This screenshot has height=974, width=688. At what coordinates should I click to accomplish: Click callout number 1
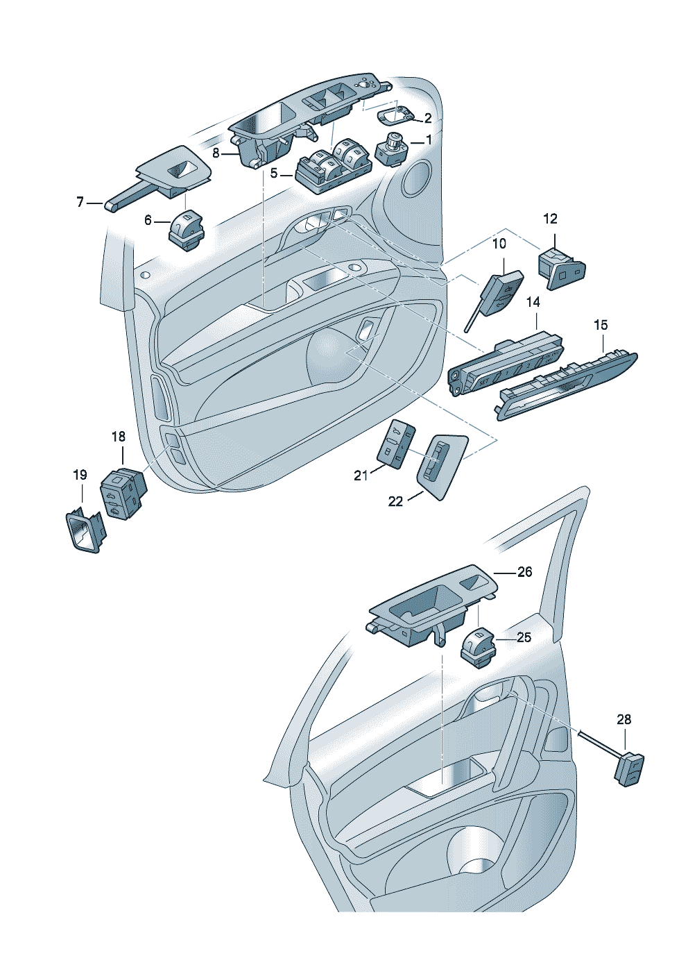429,140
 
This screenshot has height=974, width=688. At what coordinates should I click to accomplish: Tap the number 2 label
428,118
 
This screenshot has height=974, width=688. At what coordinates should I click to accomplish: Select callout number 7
80,202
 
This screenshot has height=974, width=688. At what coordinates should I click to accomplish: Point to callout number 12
550,219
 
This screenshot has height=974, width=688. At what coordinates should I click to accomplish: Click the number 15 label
601,325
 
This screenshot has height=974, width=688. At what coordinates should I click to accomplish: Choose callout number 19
80,475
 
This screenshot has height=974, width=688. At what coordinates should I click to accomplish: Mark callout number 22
395,501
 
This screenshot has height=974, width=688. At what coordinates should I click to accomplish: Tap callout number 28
624,719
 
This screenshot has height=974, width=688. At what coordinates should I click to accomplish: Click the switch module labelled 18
123,492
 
